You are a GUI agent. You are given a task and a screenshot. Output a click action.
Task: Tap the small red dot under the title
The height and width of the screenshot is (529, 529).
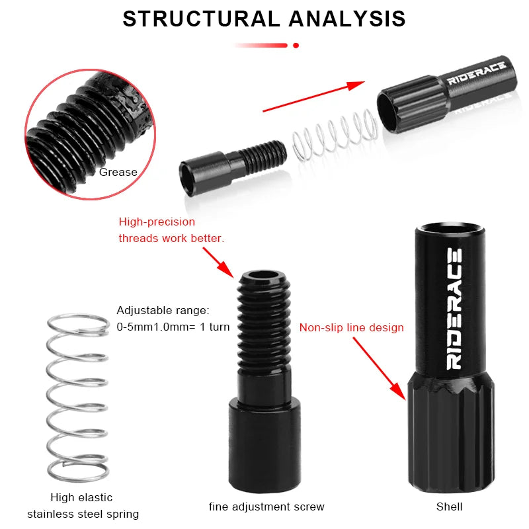click(296, 45)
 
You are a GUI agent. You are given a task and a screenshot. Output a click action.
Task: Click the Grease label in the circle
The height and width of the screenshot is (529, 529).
click(118, 173)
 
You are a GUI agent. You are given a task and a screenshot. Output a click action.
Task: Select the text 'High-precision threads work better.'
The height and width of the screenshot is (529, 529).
click(171, 230)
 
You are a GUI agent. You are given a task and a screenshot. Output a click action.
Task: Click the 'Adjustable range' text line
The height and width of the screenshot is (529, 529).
click(163, 310)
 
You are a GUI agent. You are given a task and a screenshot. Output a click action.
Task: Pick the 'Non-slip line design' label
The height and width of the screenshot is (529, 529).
click(351, 327)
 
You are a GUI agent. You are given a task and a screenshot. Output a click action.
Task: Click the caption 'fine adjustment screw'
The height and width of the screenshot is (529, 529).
click(266, 507)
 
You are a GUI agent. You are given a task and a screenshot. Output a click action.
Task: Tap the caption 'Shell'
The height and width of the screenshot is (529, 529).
click(449, 507)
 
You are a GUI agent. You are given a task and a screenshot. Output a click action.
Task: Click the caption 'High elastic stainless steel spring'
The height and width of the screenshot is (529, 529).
click(83, 506)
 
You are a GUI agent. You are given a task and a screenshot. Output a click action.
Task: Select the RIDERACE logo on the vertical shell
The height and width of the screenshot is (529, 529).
click(456, 308)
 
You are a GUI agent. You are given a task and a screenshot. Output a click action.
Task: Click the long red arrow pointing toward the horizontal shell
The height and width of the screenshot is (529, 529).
click(313, 97)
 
